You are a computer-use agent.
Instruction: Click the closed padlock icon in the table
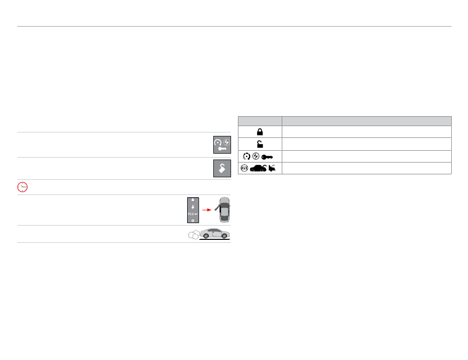[260, 132]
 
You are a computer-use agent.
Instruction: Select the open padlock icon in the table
[260, 144]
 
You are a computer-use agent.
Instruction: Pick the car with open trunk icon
[258, 168]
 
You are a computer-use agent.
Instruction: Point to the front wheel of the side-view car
[225, 236]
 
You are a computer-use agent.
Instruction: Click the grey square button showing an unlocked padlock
[222, 168]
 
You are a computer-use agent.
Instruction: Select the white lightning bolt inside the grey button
[226, 141]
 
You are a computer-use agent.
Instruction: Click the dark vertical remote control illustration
[193, 210]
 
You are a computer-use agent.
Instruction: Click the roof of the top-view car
[224, 211]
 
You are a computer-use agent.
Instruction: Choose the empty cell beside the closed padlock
[367, 132]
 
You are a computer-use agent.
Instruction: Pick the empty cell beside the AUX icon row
[367, 168]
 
